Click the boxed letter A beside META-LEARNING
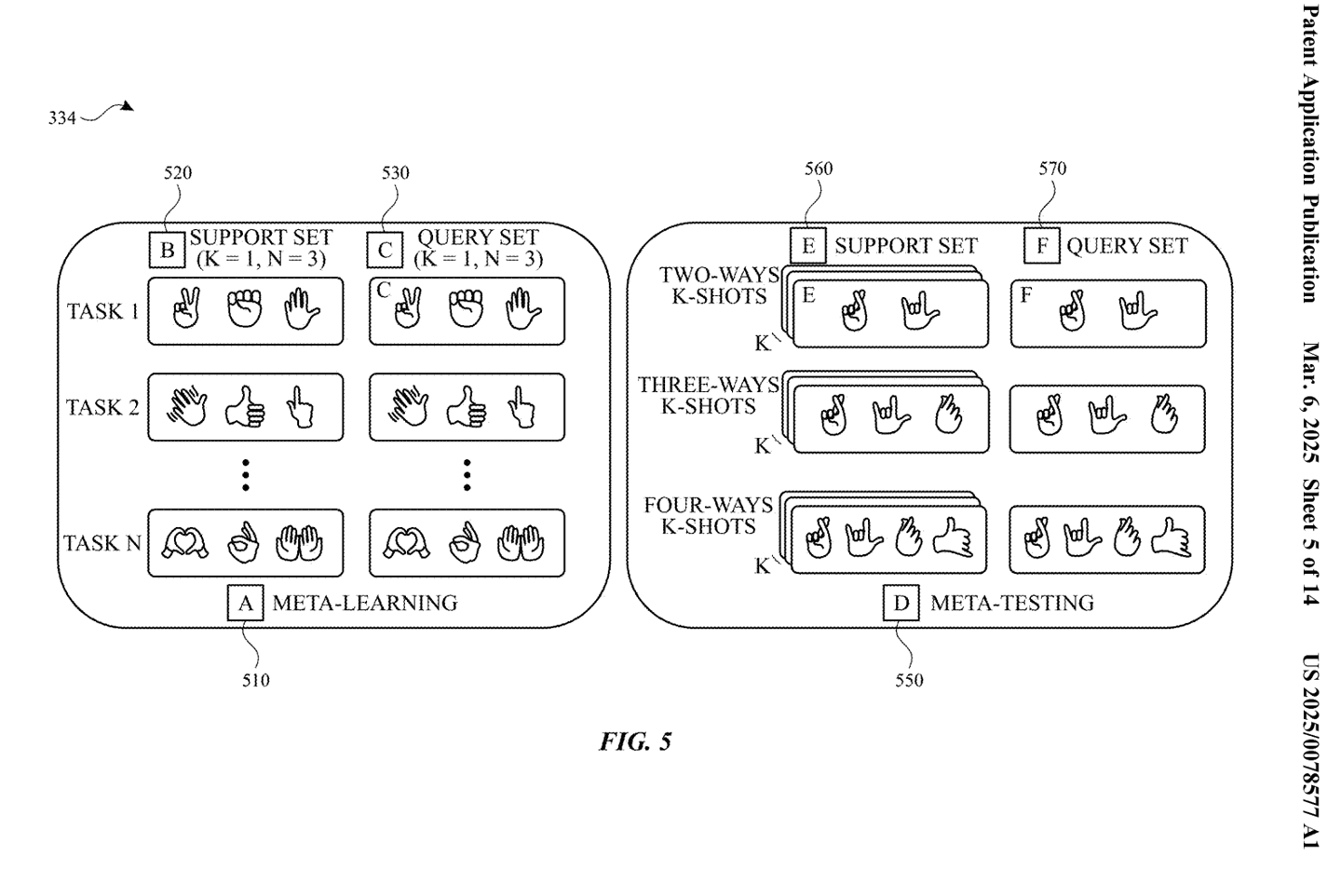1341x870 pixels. coord(245,603)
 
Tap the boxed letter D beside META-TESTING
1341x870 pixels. coord(901,603)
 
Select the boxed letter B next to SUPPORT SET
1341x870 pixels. coord(167,250)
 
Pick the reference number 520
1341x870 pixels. coord(178,173)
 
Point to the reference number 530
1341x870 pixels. coord(396,173)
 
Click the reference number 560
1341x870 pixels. coord(819,169)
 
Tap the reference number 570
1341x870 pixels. coord(1052,169)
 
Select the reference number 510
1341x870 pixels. coord(255,680)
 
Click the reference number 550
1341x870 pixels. coord(909,680)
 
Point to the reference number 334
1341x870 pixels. coord(62,118)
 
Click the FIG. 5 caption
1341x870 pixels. coord(635,741)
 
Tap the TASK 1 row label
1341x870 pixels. coord(102,311)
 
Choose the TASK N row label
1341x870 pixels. coord(102,543)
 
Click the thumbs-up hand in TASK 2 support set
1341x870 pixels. coord(245,406)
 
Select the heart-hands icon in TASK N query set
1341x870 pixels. coord(406,543)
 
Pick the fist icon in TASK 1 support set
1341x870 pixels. coord(244,308)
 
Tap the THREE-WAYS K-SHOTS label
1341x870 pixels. coord(708,395)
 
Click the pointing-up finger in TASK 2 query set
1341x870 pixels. coord(521,407)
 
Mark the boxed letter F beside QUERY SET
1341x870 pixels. coord(1042,246)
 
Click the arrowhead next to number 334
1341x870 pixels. coord(127,106)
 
